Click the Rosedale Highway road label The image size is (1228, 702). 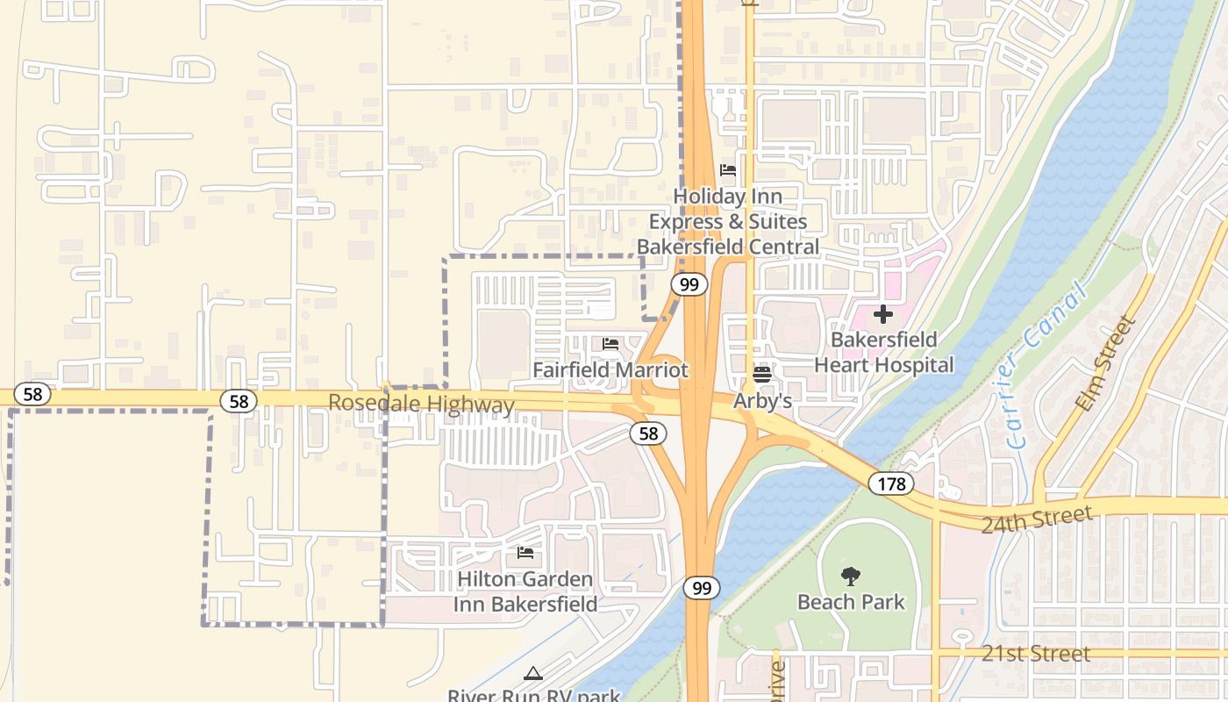(x=421, y=405)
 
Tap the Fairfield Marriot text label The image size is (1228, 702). (x=610, y=370)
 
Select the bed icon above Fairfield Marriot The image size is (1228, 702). (x=610, y=344)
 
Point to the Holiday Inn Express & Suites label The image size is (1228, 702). (x=728, y=221)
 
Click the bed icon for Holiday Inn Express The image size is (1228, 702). (x=727, y=170)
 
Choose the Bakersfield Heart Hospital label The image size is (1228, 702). (x=883, y=352)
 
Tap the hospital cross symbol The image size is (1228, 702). (x=883, y=314)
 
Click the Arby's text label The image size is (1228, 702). (x=762, y=401)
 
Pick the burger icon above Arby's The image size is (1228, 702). (x=761, y=375)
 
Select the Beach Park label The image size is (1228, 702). (x=851, y=602)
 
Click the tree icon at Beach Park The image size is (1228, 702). (x=850, y=577)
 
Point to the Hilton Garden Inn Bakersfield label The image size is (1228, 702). (x=525, y=591)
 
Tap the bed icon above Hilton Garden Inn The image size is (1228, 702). (x=525, y=553)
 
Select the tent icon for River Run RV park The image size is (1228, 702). (x=532, y=674)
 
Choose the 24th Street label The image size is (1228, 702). (x=1036, y=519)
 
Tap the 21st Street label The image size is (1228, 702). (x=1036, y=654)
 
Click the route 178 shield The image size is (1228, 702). (x=892, y=483)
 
